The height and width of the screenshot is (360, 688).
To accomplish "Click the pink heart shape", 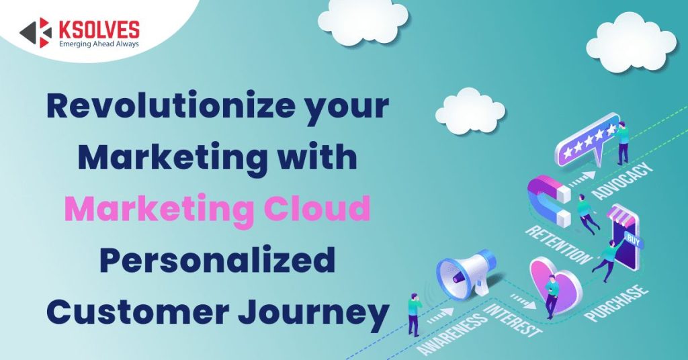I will click(x=554, y=282).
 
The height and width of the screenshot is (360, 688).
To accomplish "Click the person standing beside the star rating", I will click(x=622, y=142).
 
